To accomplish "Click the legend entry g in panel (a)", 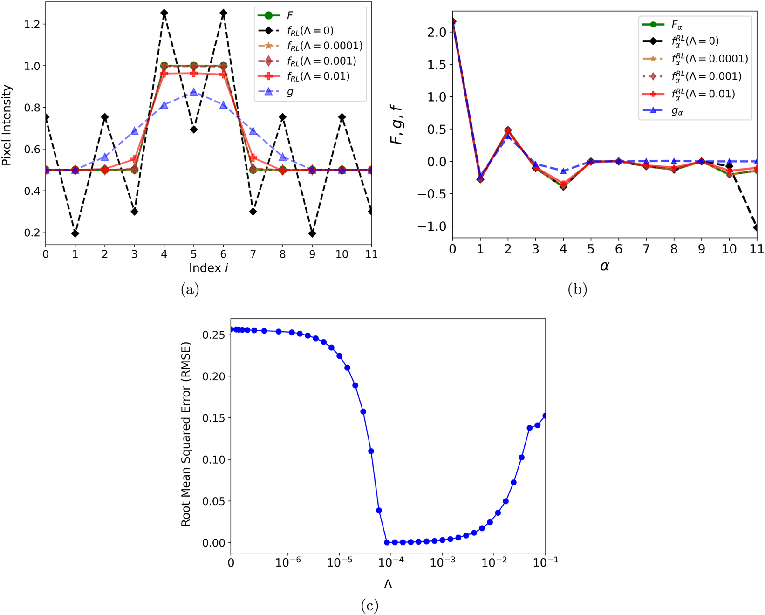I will pyautogui.click(x=290, y=92).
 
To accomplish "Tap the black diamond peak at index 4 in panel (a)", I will pyautogui.click(x=164, y=13).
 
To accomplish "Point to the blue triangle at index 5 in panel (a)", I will pyautogui.click(x=194, y=92).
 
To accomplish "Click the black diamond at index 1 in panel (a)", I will pyautogui.click(x=75, y=233).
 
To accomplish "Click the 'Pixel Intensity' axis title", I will pyautogui.click(x=7, y=125).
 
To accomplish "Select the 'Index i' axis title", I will pyautogui.click(x=208, y=268).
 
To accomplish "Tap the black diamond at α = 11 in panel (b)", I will pyautogui.click(x=757, y=227).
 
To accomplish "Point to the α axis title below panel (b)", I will pyautogui.click(x=605, y=266).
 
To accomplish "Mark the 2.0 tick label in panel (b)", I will pyautogui.click(x=437, y=32).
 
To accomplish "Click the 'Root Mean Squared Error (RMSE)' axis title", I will pyautogui.click(x=186, y=434).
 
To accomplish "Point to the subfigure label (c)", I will pyautogui.click(x=369, y=606).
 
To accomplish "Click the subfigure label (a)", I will pyautogui.click(x=190, y=290).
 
